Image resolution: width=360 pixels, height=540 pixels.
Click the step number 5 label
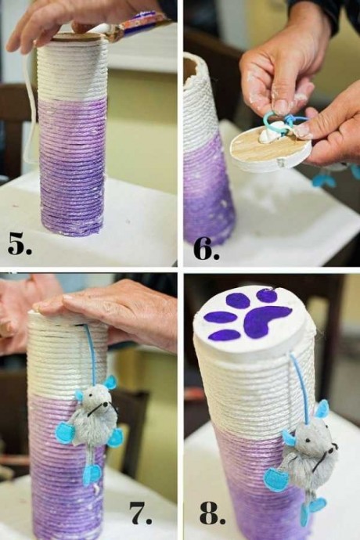[x=20, y=244]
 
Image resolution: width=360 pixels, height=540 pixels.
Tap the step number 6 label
[x=206, y=249]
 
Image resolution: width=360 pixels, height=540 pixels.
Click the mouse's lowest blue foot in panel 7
[x=92, y=474]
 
